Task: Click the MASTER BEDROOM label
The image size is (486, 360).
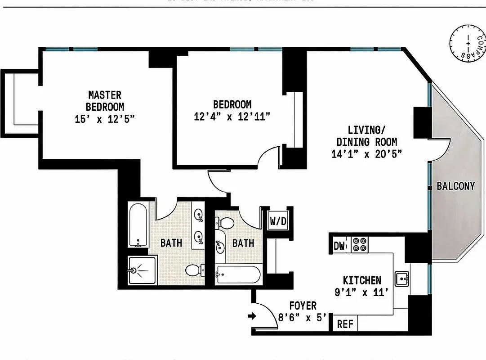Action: point(105,101)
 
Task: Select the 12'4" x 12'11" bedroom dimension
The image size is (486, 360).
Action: point(232,117)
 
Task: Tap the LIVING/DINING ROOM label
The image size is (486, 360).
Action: point(366,136)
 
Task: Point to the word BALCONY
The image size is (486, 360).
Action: point(455,186)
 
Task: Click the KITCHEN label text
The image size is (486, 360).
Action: point(362,280)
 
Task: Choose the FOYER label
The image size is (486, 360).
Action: point(303,306)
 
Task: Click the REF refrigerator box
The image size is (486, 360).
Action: point(345,324)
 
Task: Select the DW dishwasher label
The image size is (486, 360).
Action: point(340,246)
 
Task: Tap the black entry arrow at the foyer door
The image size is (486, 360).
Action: point(252,316)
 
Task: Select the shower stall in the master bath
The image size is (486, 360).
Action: point(142,270)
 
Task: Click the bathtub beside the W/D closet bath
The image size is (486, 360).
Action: point(238,274)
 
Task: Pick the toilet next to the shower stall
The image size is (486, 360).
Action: point(194,270)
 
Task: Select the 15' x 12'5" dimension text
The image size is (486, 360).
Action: point(105,119)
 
